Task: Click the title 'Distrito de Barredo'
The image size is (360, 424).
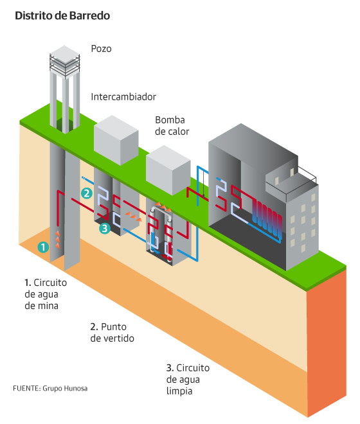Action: [x=62, y=15]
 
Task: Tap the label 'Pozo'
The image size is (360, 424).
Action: [x=101, y=49]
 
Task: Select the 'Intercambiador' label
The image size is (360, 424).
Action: [x=123, y=97]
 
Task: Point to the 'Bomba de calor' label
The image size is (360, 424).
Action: [x=172, y=126]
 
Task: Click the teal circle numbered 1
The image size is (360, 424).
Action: [x=43, y=247]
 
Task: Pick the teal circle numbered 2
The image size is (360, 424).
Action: [x=87, y=193]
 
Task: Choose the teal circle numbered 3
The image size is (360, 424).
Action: [x=105, y=228]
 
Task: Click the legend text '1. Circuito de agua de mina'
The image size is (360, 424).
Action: [x=46, y=294]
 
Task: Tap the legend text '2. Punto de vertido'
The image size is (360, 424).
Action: [x=112, y=333]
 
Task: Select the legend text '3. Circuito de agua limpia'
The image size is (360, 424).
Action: [x=188, y=380]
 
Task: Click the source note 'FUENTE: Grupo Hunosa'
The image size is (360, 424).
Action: [x=50, y=389]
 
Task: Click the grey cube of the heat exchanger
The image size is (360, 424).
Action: [x=116, y=140]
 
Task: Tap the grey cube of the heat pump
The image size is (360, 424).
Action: [x=168, y=170]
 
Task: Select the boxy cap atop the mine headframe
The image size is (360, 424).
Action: [x=65, y=62]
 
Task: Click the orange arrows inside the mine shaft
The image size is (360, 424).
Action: [x=57, y=240]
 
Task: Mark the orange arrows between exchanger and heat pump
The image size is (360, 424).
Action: [x=134, y=216]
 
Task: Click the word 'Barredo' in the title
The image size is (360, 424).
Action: [x=89, y=15]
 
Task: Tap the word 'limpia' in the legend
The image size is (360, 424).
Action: [x=179, y=391]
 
